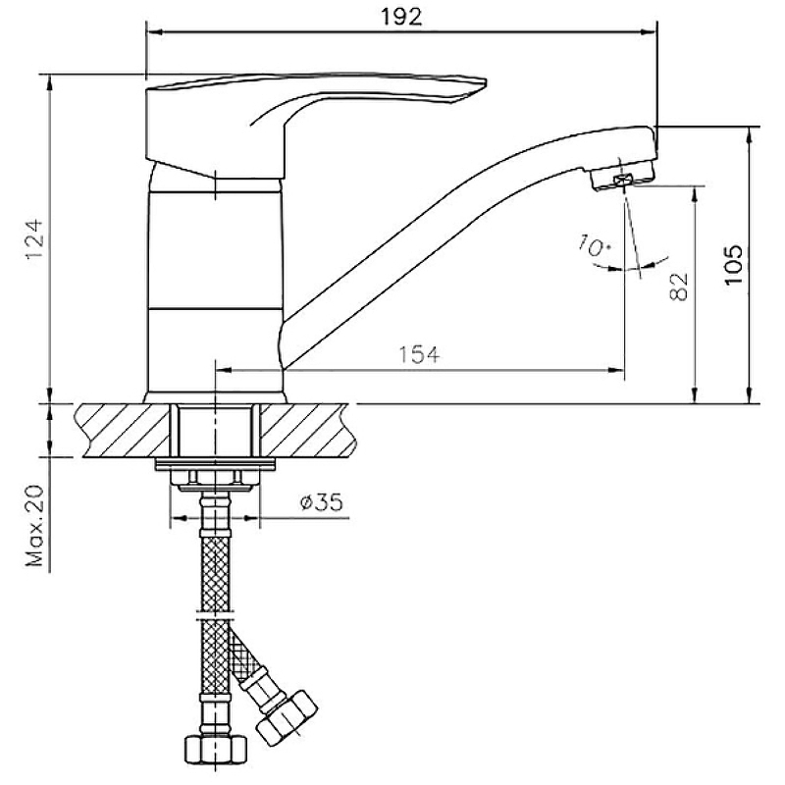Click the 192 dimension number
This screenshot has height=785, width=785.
tap(401, 17)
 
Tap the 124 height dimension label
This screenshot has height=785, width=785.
tap(35, 240)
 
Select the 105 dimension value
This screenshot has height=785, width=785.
tap(734, 265)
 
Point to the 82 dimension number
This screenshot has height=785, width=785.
tap(678, 287)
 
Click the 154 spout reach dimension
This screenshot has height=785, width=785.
tap(419, 354)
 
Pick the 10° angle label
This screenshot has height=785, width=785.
tap(595, 246)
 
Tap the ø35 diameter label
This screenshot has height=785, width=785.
tap(322, 501)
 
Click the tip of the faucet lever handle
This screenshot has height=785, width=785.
tap(485, 81)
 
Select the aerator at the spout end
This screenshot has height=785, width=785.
tap(622, 178)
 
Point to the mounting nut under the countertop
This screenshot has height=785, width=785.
tap(215, 477)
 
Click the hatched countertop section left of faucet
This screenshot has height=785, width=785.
tap(124, 430)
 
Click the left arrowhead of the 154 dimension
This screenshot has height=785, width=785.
tap(224, 371)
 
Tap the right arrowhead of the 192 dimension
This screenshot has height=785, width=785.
tap(648, 32)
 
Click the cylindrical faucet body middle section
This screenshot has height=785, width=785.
tap(215, 249)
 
